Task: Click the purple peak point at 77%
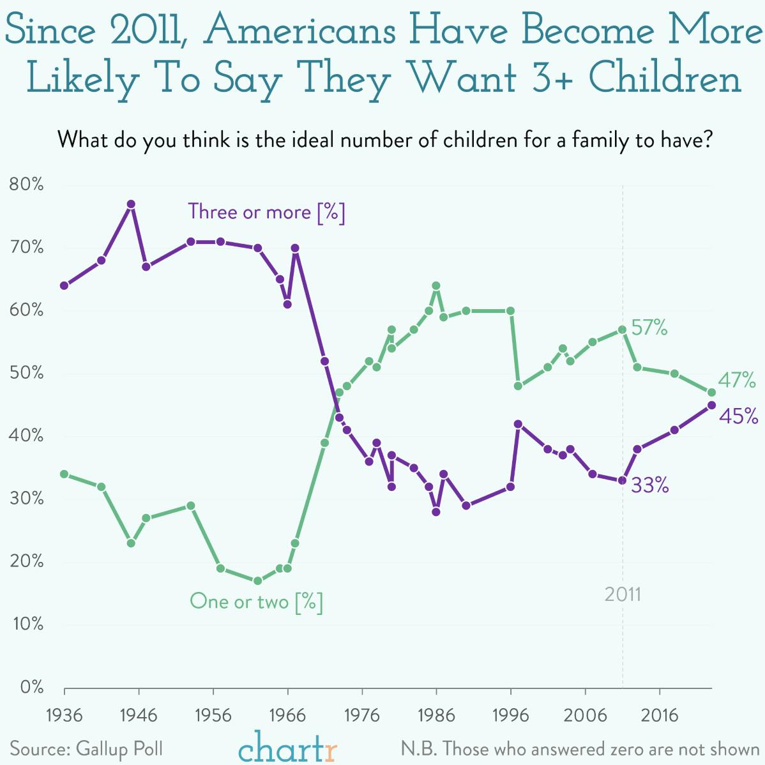tap(131, 204)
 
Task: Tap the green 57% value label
tap(649, 329)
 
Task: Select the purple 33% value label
tap(650, 486)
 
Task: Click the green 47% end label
tap(737, 381)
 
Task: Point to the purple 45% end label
tap(738, 416)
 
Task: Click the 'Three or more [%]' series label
tap(266, 212)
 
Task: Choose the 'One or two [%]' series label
tap(256, 602)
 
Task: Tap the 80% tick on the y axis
tap(27, 185)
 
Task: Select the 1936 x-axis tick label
tap(64, 715)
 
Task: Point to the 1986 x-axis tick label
tap(436, 715)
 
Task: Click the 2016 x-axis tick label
tap(659, 715)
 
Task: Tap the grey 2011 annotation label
tap(623, 595)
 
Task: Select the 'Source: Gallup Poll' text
tap(86, 748)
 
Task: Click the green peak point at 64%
tap(436, 286)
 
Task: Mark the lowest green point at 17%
tap(257, 581)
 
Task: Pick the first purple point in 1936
tap(64, 285)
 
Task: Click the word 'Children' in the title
tap(665, 80)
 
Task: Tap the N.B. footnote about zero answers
tap(580, 748)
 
